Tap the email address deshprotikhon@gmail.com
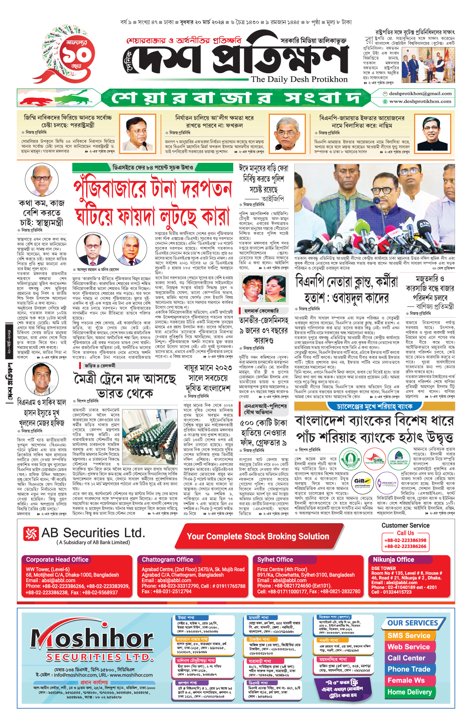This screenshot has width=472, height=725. coord(420,94)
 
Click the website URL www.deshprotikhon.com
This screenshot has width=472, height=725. coord(420,101)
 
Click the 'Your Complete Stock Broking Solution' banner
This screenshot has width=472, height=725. coord(258,536)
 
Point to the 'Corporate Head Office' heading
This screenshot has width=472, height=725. coord(57,559)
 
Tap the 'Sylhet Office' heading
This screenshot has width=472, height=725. coord(275,559)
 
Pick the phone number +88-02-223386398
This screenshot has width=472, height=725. coord(405,540)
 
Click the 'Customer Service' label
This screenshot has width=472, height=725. coord(405,525)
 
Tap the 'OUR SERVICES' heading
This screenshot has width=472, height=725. coord(413,623)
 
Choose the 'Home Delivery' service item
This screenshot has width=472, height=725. coord(409,692)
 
